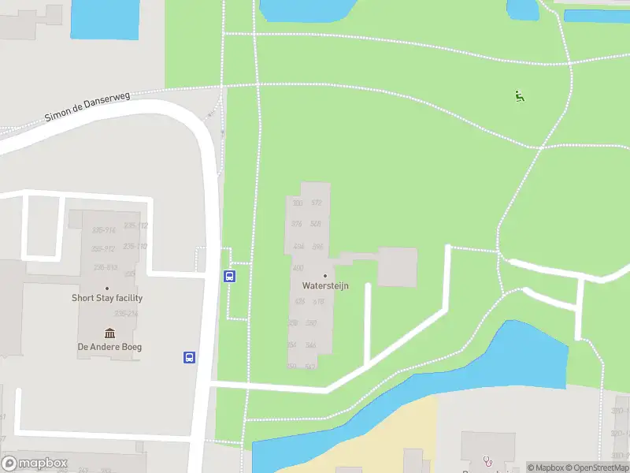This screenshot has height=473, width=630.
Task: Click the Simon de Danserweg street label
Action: tap(87, 106)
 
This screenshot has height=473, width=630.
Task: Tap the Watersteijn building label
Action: tap(325, 286)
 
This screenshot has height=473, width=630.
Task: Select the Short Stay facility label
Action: tap(107, 298)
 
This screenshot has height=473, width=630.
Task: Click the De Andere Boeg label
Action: tap(109, 347)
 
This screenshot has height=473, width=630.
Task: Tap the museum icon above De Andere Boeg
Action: tap(109, 333)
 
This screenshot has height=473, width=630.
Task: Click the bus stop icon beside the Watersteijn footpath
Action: tap(229, 276)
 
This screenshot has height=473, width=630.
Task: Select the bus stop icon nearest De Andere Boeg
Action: tap(190, 357)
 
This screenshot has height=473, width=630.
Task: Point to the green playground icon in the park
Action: tap(519, 97)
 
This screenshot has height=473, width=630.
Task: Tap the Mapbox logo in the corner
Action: tap(34, 464)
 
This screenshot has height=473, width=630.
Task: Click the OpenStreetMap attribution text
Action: tap(596, 467)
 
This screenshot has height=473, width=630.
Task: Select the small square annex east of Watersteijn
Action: tap(397, 267)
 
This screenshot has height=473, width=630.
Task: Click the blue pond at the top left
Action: tap(104, 19)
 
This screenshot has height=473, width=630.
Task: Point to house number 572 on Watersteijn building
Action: tap(317, 203)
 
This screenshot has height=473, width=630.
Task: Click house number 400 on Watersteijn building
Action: tap(298, 268)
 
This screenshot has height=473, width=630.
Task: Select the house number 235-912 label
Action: tap(103, 249)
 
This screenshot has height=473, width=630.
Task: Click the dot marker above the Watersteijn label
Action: tap(325, 275)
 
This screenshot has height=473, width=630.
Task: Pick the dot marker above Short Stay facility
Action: tap(107, 288)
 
